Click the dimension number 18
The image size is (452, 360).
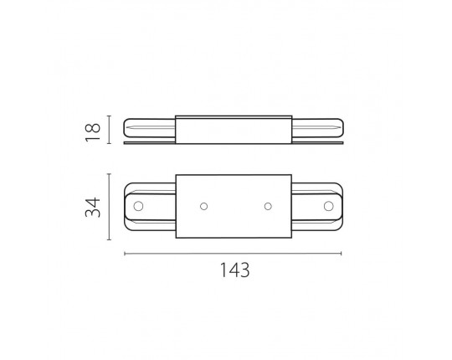93,132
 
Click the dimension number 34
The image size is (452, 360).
93,208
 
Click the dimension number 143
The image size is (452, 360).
235,270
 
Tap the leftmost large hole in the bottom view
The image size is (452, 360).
138,206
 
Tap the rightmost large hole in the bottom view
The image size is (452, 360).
329,206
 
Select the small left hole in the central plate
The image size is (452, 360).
203,207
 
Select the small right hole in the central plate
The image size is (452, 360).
268,207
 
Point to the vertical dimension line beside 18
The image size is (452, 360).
109,130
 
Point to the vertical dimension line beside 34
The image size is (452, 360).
109,207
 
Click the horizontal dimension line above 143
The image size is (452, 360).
233,254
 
